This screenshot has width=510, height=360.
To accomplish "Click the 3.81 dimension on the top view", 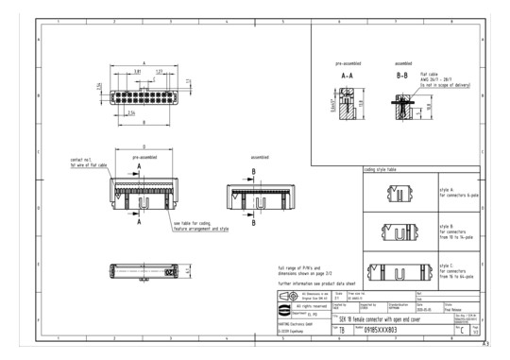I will click(138, 72).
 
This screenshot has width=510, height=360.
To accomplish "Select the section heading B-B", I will click(400, 73).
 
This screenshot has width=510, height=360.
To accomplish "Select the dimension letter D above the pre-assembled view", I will click(144, 146).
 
